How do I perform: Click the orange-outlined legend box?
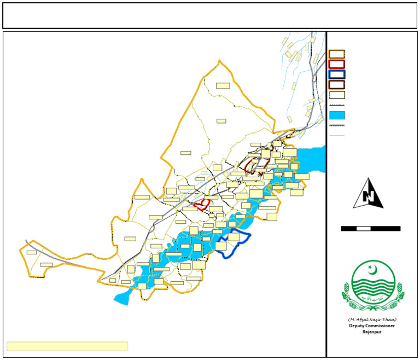337,54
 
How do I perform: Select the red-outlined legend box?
337,64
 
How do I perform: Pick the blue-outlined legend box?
337,74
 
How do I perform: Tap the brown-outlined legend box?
337,85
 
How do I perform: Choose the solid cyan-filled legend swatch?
337,115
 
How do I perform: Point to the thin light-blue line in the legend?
337,136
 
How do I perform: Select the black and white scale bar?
370,228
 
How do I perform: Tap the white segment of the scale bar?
363,228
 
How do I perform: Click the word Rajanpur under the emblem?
372,332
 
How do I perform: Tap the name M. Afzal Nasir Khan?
372,320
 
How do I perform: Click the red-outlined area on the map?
203,205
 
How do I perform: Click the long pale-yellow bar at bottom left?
67,346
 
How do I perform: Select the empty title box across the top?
209,15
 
